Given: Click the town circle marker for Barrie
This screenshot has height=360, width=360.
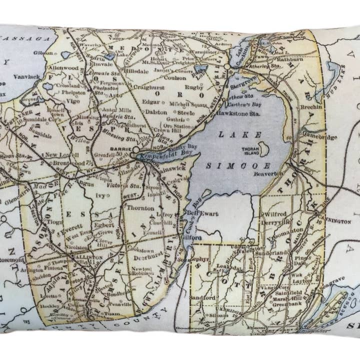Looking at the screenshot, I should pyautogui.click(x=135, y=149).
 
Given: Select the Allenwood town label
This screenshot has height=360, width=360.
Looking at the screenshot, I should pyautogui.click(x=63, y=66).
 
